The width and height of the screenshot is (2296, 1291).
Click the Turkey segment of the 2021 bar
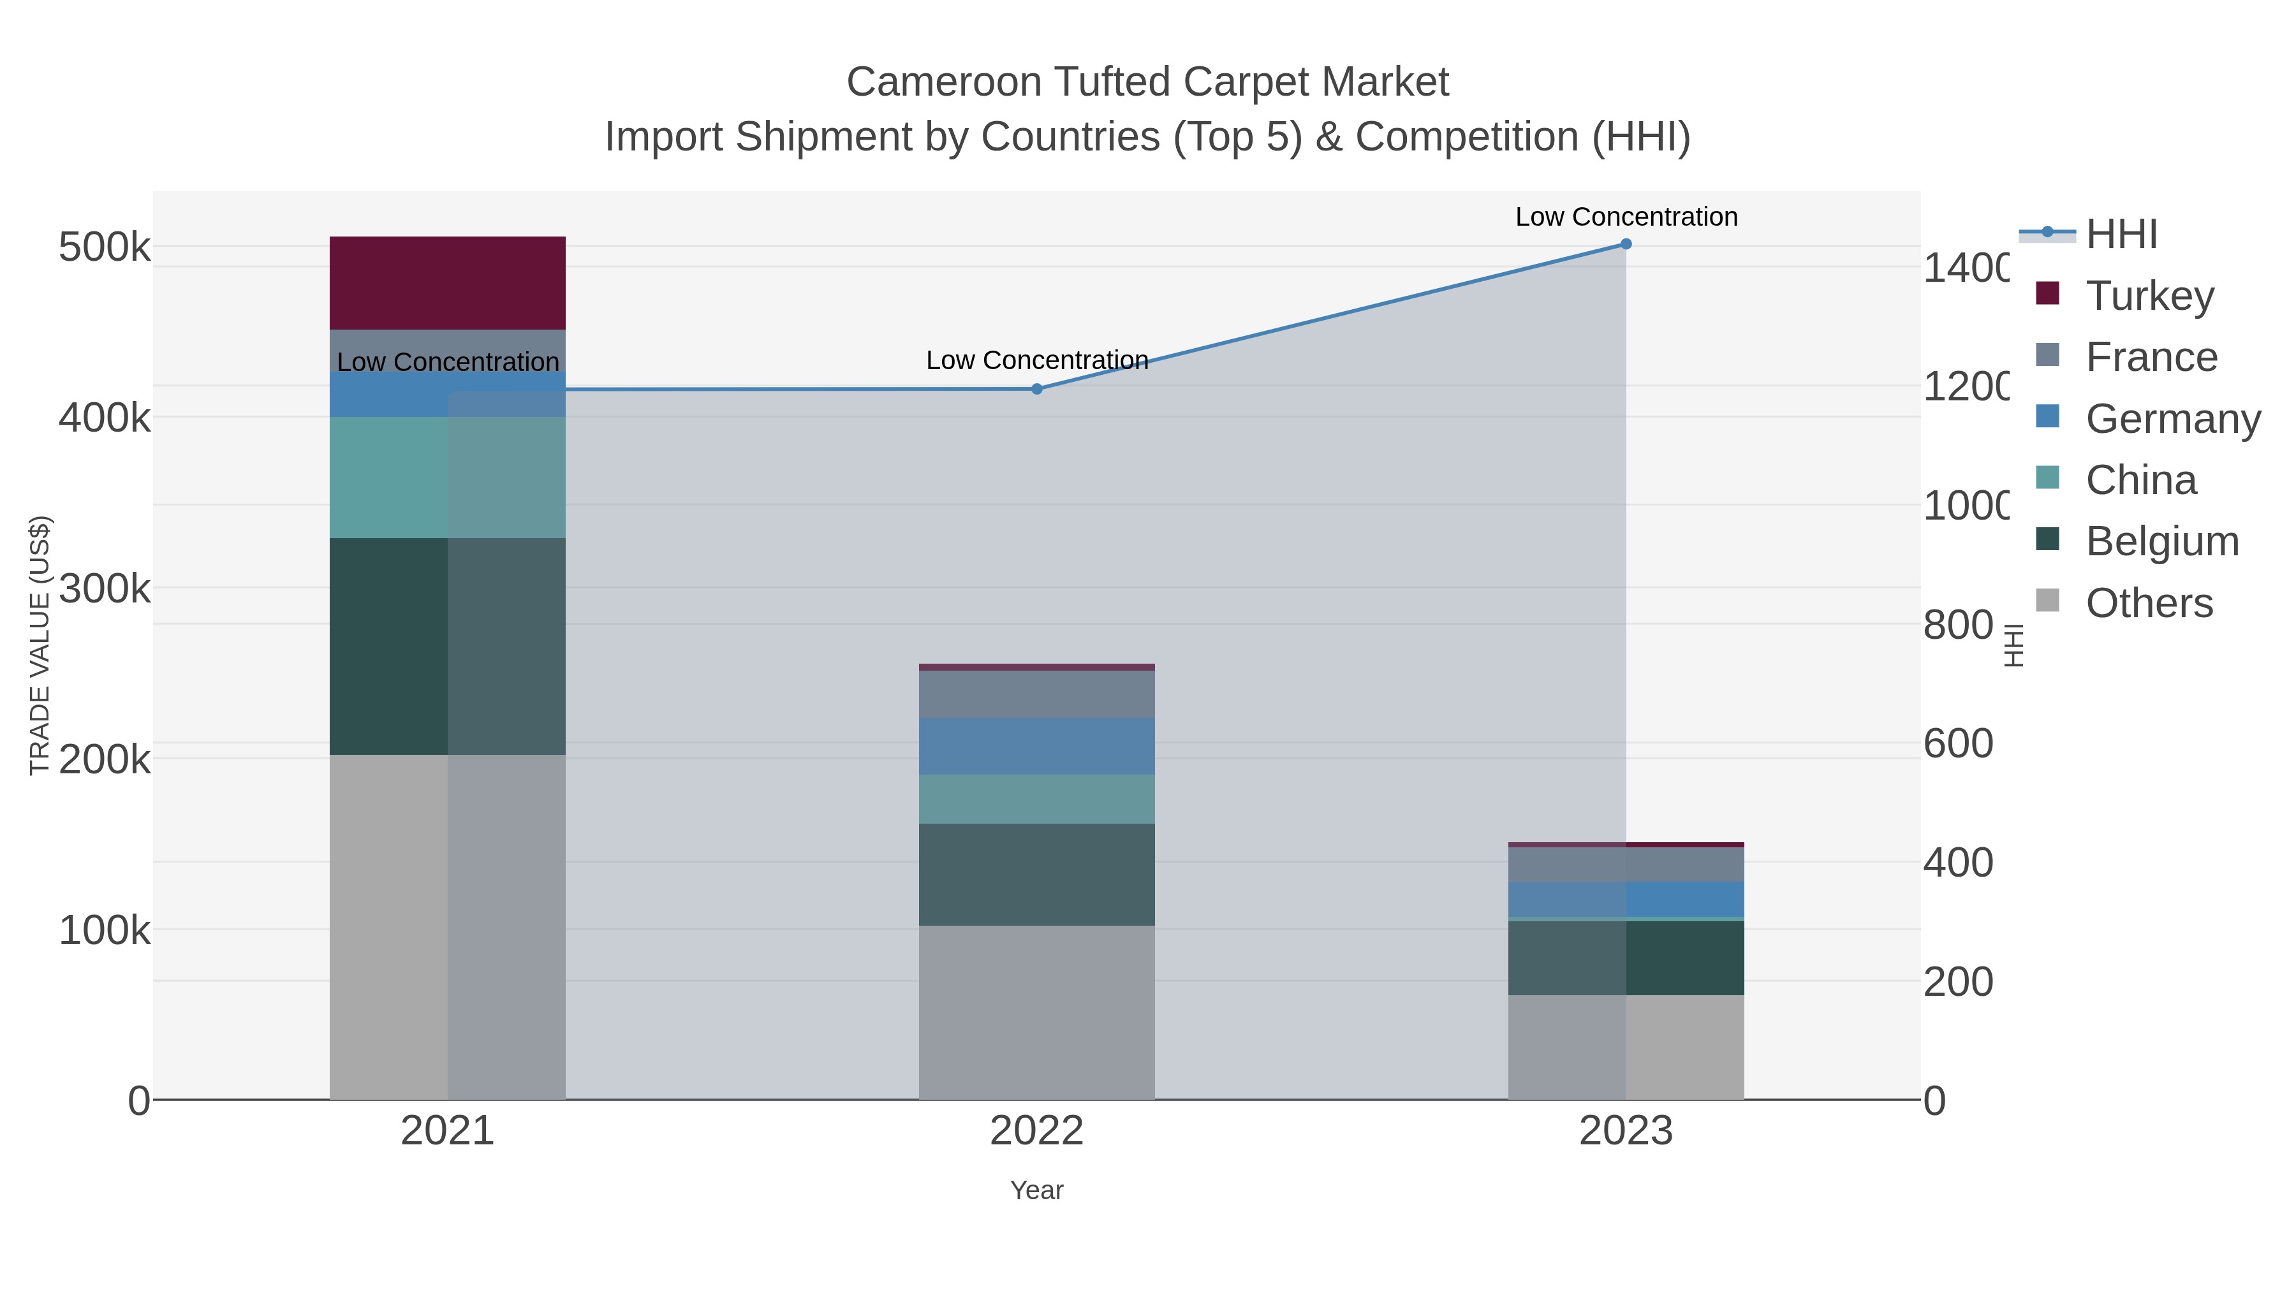point(448,282)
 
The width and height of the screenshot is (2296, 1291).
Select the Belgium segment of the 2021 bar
point(448,646)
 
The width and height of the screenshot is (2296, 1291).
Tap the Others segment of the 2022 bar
point(1036,1012)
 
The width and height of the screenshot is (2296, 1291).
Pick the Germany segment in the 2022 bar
point(1036,746)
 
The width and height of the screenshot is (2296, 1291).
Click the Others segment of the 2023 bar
point(1626,1047)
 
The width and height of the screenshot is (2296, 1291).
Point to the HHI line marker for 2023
point(1626,244)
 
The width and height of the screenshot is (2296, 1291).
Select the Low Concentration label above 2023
point(1626,217)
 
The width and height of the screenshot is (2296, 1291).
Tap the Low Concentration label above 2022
point(1036,360)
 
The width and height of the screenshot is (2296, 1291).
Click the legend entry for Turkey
point(2149,295)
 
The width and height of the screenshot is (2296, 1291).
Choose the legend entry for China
point(2140,479)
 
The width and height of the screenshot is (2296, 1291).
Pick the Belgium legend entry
point(2161,541)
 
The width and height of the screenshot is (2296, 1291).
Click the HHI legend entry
point(2121,233)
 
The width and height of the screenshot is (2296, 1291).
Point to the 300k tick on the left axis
point(105,588)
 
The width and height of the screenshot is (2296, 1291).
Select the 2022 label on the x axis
point(1036,1130)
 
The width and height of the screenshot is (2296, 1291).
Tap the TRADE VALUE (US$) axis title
point(39,645)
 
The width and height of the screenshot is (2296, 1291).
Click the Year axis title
point(1036,1190)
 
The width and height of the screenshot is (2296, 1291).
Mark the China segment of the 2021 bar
point(448,477)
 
